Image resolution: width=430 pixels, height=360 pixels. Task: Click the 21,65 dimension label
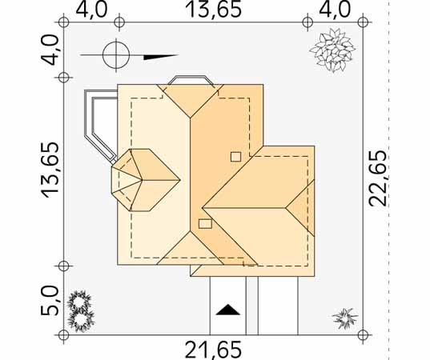point(213,350)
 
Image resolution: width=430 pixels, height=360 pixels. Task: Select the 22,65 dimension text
point(378,178)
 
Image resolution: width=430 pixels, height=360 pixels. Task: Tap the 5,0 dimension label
point(50,301)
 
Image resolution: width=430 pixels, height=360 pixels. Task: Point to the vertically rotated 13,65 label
point(50,170)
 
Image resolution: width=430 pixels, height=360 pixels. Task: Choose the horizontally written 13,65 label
point(213,10)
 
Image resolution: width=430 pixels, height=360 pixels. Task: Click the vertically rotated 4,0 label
point(50,50)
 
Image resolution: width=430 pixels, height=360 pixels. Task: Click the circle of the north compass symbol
point(116,55)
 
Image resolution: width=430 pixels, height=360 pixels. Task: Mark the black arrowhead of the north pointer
point(161,57)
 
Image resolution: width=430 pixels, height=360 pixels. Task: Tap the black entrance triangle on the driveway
point(227,310)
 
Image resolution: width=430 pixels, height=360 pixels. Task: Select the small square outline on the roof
point(236,157)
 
